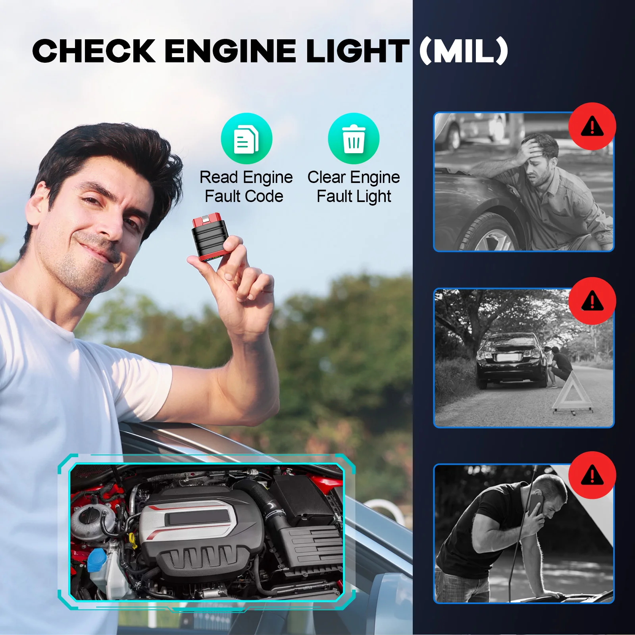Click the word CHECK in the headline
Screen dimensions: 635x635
pyautogui.click(x=94, y=51)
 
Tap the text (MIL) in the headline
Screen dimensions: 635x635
pyautogui.click(x=464, y=51)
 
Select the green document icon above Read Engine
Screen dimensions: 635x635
pyautogui.click(x=246, y=139)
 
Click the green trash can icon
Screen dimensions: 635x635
pyautogui.click(x=353, y=139)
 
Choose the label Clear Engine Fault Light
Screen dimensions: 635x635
pyautogui.click(x=354, y=187)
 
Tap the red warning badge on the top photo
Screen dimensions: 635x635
pyautogui.click(x=592, y=127)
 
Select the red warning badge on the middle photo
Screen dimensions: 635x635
pyautogui.click(x=592, y=301)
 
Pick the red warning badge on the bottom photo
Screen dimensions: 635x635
pyautogui.click(x=592, y=475)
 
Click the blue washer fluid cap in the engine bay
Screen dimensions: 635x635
pyautogui.click(x=96, y=560)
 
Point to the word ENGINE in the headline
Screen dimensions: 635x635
pyautogui.click(x=230, y=51)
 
